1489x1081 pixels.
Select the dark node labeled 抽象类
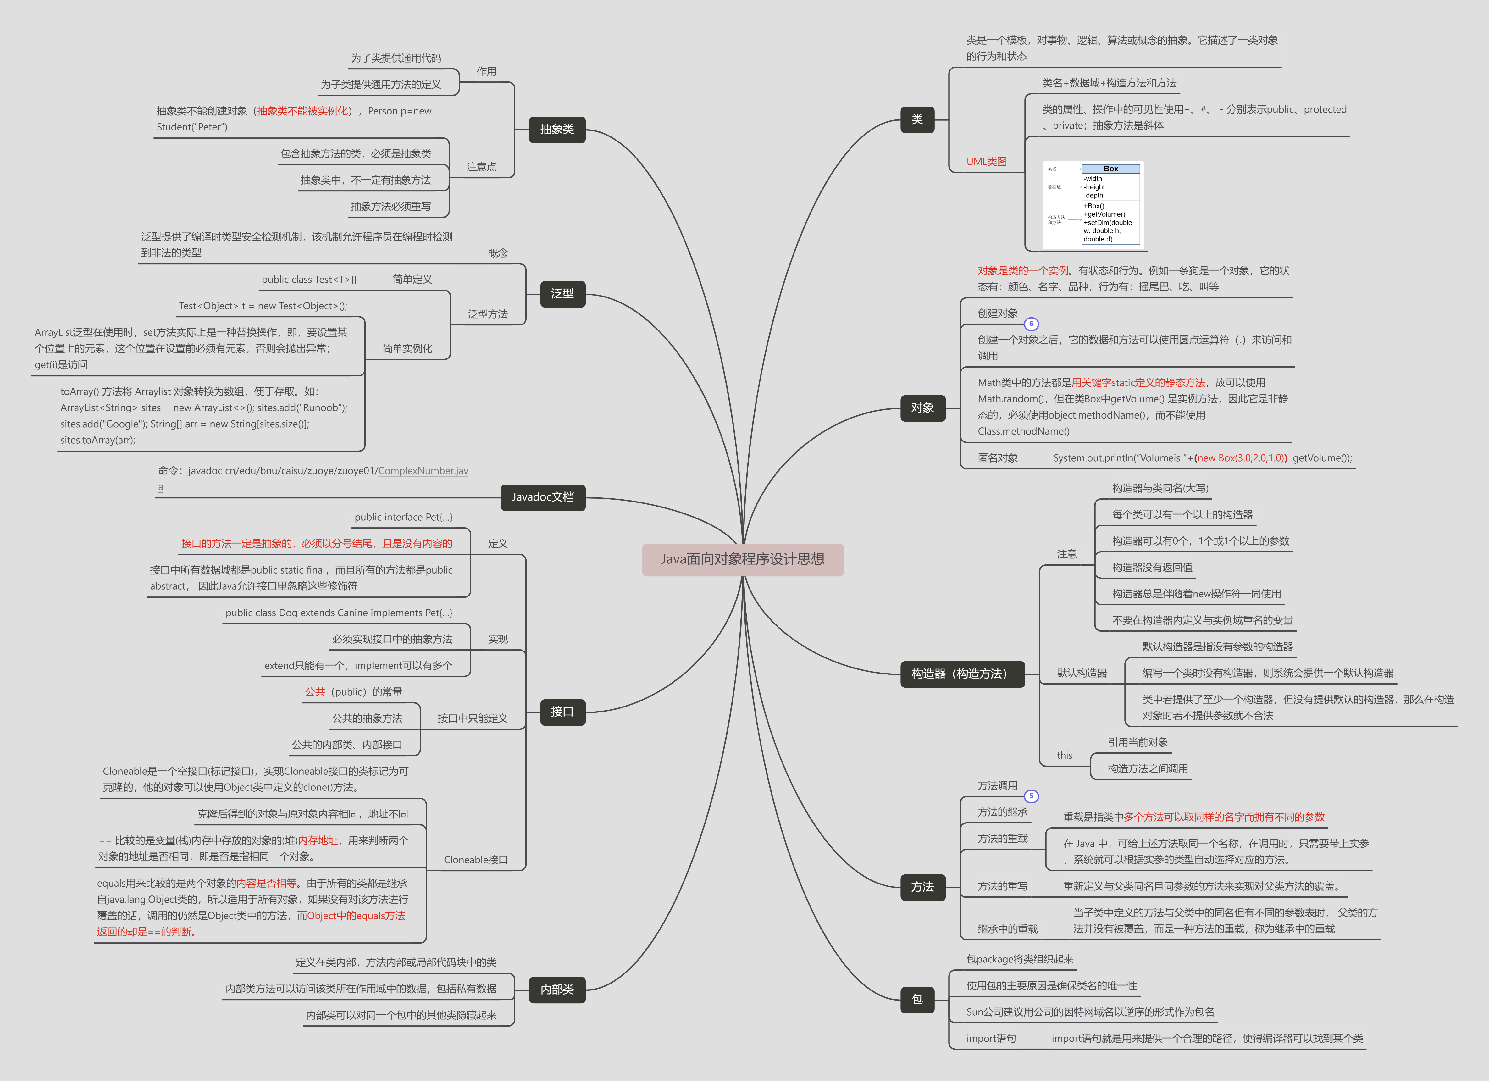point(557,129)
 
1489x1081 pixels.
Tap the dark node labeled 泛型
point(562,294)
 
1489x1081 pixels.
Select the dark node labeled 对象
point(922,408)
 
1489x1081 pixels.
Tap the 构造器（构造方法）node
point(962,674)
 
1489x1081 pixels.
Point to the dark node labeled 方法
point(922,887)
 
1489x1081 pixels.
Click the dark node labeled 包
point(917,1000)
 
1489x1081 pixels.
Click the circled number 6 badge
point(1032,324)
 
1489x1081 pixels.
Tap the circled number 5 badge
point(1032,796)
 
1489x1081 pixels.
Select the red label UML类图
point(986,162)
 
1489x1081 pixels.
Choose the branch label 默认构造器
point(1081,673)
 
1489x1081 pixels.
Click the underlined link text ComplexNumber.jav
point(423,471)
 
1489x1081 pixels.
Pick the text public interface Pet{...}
point(403,518)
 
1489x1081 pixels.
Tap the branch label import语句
point(991,1038)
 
